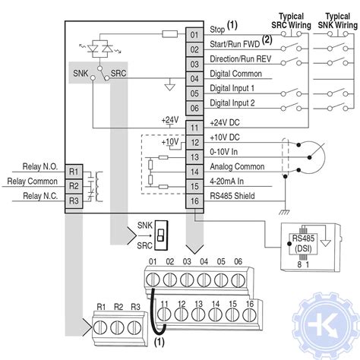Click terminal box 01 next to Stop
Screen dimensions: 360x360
pyautogui.click(x=194, y=35)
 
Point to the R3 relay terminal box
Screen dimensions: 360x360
pyautogui.click(x=74, y=201)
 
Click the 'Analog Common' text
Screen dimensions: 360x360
pyautogui.click(x=237, y=167)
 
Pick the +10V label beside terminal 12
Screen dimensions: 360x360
pyautogui.click(x=171, y=142)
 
